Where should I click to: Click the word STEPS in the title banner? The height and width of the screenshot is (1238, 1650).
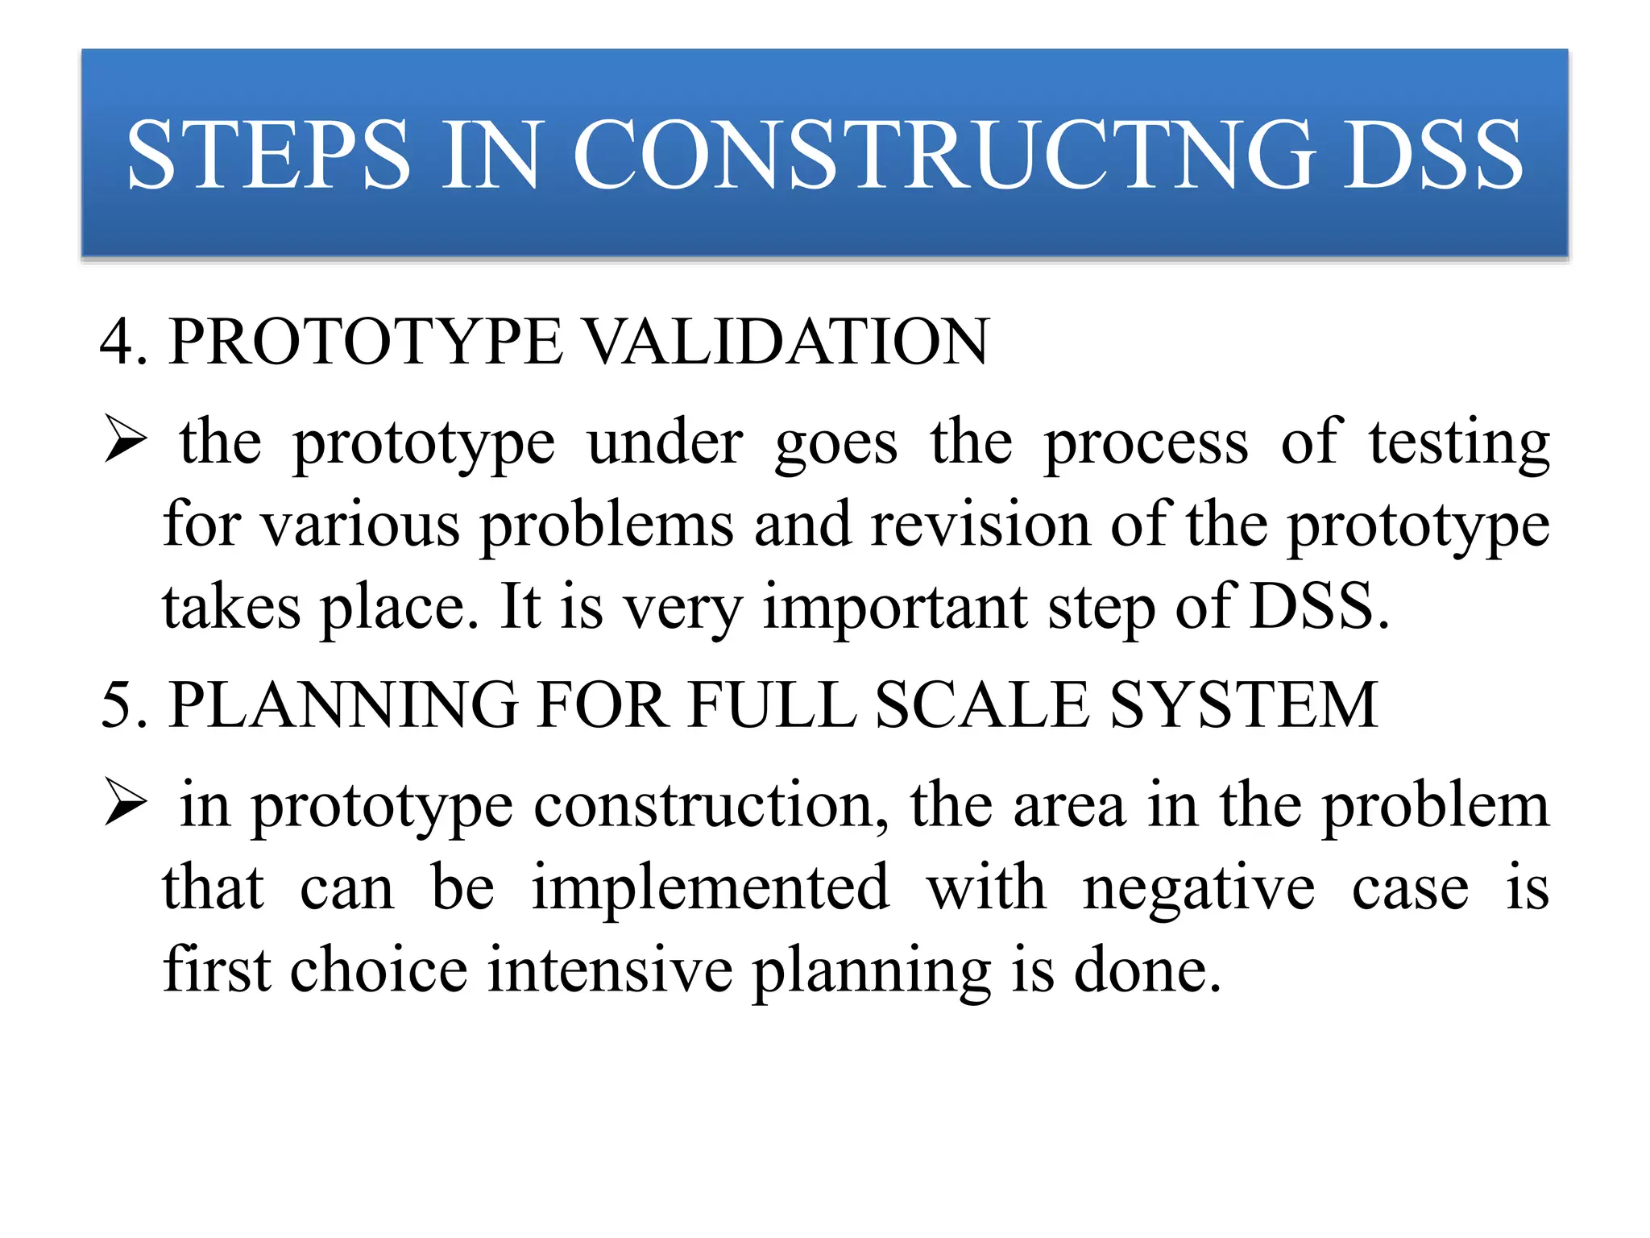[268, 155]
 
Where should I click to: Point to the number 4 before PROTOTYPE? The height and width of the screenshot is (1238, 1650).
[117, 343]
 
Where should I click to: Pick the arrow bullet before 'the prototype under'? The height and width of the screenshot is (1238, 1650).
[126, 442]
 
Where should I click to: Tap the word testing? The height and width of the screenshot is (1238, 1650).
[1459, 443]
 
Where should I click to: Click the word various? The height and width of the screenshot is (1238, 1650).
[361, 526]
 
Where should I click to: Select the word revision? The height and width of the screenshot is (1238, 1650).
[980, 526]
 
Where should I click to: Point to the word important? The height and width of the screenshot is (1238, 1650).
[894, 608]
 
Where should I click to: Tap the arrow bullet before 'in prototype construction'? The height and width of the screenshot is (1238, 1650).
[126, 804]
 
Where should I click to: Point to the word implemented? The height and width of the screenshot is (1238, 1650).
[711, 888]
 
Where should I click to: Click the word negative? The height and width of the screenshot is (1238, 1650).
[1199, 888]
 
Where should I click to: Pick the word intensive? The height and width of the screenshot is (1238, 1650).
[610, 970]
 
